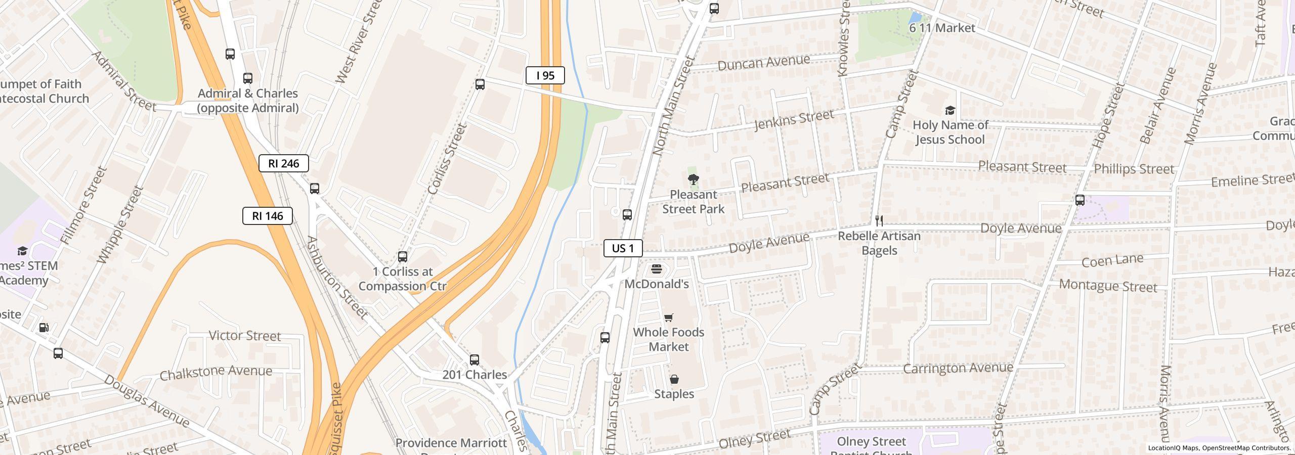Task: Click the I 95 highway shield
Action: coord(545,75)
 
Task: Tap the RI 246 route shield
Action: coord(283,163)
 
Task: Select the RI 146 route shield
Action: coord(267,216)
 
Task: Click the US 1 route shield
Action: coord(623,248)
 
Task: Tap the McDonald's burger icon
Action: coord(657,269)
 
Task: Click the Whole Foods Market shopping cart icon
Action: coord(669,317)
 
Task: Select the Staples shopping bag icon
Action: coord(674,379)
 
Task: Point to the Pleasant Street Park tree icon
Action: coord(693,179)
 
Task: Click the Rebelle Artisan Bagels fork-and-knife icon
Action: coord(879,221)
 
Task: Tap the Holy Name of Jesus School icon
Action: coord(950,110)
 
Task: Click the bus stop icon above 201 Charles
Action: coord(474,360)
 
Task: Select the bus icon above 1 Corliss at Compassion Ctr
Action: coord(402,257)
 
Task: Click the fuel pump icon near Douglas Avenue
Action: coord(44,328)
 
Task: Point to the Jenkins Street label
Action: coord(793,120)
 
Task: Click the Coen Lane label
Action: coord(1112,261)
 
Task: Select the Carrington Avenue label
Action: coord(958,368)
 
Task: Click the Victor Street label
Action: coord(245,336)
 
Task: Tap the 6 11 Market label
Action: coord(942,28)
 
